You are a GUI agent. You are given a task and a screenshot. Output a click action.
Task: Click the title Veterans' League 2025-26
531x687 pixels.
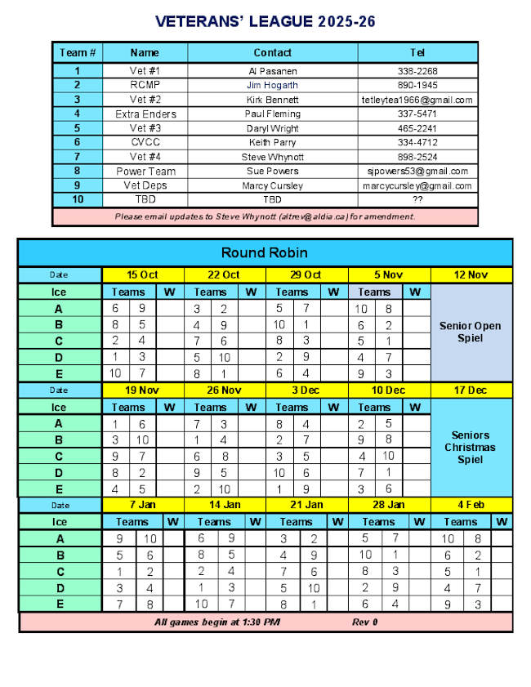pyautogui.click(x=265, y=20)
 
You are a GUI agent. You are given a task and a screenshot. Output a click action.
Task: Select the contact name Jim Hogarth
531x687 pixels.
pyautogui.click(x=273, y=85)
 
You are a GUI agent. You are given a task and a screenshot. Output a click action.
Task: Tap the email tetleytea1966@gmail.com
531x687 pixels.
pyautogui.click(x=417, y=100)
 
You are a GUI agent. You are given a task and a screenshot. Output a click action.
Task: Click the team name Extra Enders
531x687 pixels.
pyautogui.click(x=145, y=114)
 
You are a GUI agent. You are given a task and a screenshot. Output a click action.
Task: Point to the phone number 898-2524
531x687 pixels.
pyautogui.click(x=417, y=157)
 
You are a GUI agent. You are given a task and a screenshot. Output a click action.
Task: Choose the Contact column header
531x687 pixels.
pyautogui.click(x=273, y=53)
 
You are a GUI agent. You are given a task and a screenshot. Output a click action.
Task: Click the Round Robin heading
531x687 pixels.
pyautogui.click(x=265, y=252)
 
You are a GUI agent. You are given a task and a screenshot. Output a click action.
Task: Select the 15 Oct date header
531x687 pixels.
pyautogui.click(x=143, y=275)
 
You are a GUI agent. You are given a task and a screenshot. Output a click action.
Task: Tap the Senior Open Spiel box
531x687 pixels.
pyautogui.click(x=471, y=332)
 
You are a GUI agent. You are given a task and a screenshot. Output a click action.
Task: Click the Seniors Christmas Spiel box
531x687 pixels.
pyautogui.click(x=471, y=447)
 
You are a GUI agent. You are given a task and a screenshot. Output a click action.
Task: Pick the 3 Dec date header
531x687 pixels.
pyautogui.click(x=307, y=390)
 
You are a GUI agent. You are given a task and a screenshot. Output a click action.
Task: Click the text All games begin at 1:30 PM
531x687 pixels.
pyautogui.click(x=217, y=622)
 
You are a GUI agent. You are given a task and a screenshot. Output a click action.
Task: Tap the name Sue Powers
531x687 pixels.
pyautogui.click(x=273, y=172)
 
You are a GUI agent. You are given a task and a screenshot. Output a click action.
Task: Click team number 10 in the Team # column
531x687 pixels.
pyautogui.click(x=78, y=199)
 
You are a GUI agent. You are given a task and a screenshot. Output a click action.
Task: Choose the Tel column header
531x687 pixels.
pyautogui.click(x=417, y=53)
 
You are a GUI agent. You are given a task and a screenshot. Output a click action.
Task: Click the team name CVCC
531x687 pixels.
pyautogui.click(x=145, y=142)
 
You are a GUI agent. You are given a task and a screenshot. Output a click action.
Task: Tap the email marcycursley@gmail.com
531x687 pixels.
pyautogui.click(x=417, y=185)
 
